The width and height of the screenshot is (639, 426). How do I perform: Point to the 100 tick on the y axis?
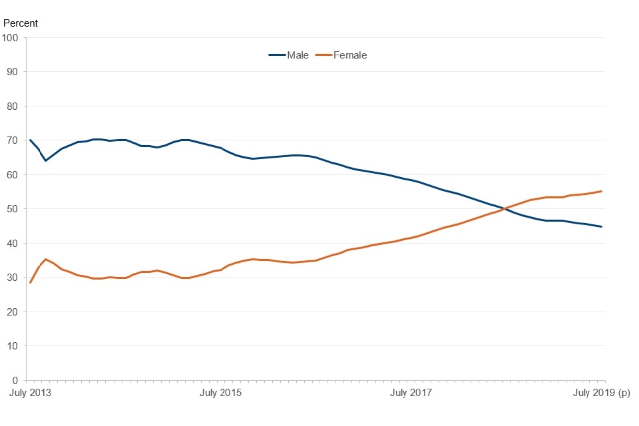(x=10, y=37)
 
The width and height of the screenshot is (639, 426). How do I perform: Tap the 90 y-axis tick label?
(x=12, y=72)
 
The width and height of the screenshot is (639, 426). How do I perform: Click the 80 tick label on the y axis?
(x=12, y=106)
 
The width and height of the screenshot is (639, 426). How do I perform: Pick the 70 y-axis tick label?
(x=12, y=140)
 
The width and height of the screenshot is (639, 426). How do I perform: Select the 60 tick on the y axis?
(x=12, y=174)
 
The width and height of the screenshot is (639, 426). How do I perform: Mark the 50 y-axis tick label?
(x=12, y=209)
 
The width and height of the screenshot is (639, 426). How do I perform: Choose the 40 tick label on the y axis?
(x=12, y=243)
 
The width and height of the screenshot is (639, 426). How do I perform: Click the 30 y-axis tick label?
(x=12, y=278)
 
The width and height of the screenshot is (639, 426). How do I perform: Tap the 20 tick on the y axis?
(x=12, y=312)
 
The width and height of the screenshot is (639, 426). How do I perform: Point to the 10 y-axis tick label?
(x=12, y=346)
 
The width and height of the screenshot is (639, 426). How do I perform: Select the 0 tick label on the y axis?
(x=15, y=380)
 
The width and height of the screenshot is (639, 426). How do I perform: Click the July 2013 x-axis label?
(x=30, y=393)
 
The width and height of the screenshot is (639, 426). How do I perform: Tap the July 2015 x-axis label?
(x=221, y=393)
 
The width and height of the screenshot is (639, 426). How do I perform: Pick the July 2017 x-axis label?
(x=411, y=393)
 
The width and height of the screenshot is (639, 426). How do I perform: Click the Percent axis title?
(x=21, y=23)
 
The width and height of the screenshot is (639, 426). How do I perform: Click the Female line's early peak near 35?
(x=45, y=259)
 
